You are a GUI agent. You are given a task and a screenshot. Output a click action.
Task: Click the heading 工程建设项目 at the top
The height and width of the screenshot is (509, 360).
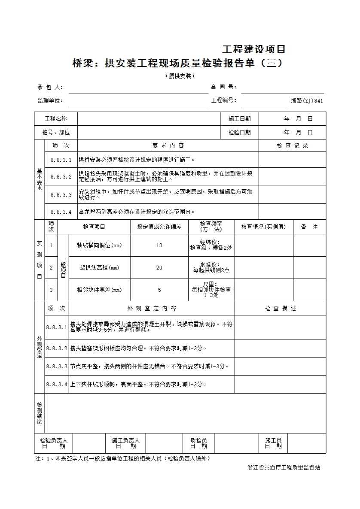click(x=253, y=49)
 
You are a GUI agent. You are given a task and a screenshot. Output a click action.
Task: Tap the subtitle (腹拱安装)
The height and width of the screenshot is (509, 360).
click(x=180, y=76)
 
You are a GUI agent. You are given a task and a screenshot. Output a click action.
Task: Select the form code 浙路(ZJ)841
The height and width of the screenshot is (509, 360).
click(x=307, y=101)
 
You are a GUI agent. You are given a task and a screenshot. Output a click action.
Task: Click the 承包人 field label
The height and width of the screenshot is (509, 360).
click(x=50, y=87)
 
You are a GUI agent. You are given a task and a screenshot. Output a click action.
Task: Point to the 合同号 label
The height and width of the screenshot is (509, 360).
click(x=223, y=87)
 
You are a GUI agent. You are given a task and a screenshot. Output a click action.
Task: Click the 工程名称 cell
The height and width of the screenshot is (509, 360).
click(x=56, y=119)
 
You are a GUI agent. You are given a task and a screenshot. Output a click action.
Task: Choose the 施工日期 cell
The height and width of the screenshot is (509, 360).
click(x=239, y=119)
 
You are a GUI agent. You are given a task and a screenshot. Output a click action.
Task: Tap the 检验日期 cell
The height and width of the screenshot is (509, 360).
click(x=239, y=133)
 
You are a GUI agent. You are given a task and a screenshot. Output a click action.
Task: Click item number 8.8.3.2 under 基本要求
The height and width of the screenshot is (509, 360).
click(x=61, y=176)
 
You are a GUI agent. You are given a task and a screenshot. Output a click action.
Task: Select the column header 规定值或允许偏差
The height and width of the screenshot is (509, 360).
click(x=159, y=227)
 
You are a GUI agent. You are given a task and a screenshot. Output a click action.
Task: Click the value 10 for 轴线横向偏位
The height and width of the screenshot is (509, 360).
click(x=159, y=245)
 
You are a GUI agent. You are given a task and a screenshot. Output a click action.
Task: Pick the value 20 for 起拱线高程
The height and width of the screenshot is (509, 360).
click(x=159, y=268)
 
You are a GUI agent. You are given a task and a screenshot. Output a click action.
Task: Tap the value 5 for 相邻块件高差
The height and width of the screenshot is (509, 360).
click(x=159, y=290)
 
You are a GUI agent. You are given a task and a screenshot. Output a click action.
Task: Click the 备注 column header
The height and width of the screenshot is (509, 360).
click(x=309, y=227)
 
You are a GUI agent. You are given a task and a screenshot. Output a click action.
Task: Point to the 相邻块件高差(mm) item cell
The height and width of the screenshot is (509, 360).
click(x=99, y=290)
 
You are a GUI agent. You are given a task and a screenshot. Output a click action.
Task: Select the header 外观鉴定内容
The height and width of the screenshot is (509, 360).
click(x=151, y=308)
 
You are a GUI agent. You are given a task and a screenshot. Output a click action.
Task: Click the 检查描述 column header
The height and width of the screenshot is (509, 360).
click(x=280, y=308)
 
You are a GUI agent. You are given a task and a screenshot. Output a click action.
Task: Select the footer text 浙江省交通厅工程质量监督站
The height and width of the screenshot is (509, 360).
click(x=284, y=467)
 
